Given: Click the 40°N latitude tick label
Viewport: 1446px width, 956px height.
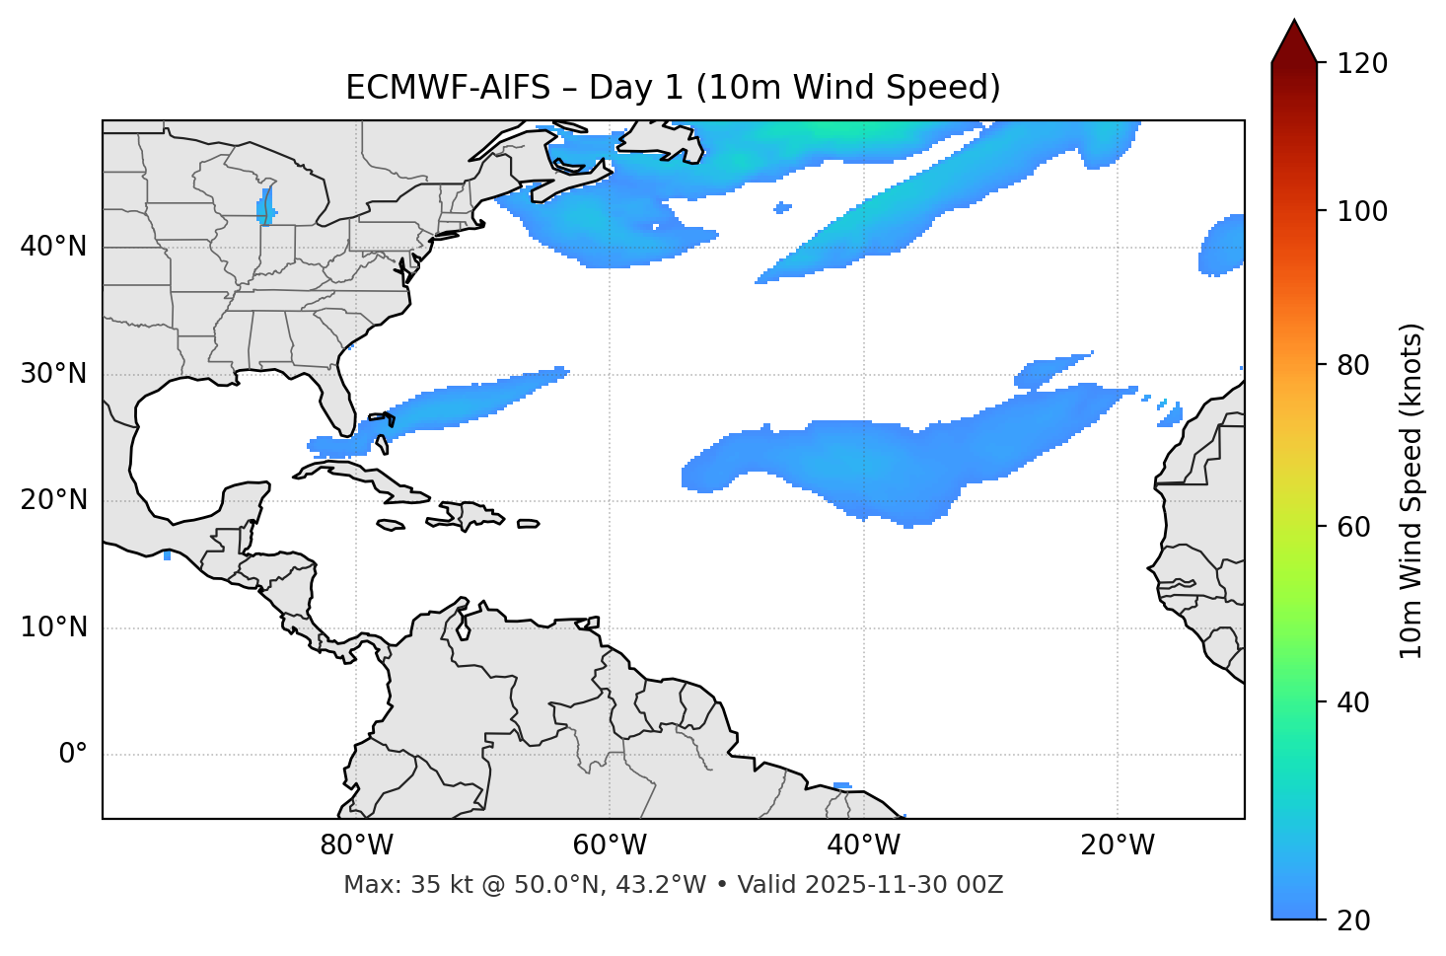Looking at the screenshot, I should coord(53,247).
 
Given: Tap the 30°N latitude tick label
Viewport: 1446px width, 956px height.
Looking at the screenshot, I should coord(53,374).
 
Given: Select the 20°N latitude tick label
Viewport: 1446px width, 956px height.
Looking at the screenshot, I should coord(53,500).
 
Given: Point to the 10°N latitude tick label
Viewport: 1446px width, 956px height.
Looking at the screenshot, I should coord(53,627).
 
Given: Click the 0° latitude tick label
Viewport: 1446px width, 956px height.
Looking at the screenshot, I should coord(73,755).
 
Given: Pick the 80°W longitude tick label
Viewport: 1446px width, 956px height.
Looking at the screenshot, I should coord(356,846).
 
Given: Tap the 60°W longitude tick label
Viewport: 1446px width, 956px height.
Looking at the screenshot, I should coord(610,846).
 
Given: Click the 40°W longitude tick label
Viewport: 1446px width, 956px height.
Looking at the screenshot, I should coord(863,846).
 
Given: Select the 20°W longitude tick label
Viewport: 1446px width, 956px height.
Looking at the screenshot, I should coord(1118,846).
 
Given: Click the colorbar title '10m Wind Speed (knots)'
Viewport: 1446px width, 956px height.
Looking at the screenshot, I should coord(1411,491).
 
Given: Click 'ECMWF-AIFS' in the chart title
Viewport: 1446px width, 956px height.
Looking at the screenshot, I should coord(447,88).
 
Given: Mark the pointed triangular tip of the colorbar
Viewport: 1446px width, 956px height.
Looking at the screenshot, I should coord(1294,22).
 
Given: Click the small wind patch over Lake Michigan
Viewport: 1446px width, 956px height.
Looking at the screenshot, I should coord(265,209).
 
